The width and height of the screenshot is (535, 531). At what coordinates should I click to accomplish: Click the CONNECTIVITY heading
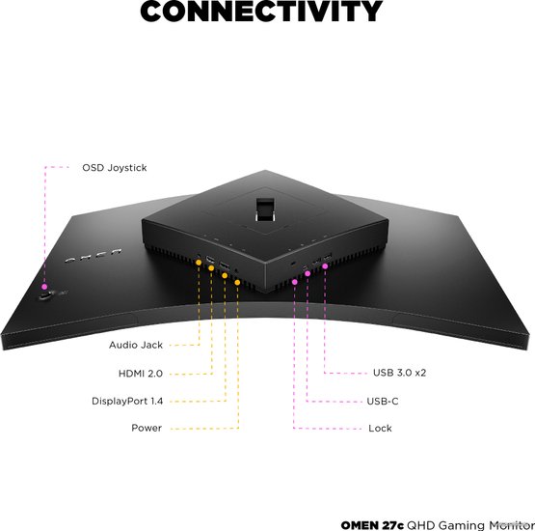pos(261,11)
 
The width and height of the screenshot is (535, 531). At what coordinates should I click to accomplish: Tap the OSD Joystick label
pos(115,168)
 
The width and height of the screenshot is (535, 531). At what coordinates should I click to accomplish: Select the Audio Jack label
pos(136,345)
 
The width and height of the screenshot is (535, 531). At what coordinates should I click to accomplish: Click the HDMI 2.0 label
pos(141,374)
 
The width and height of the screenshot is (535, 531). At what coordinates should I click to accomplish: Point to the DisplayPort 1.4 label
pos(127,401)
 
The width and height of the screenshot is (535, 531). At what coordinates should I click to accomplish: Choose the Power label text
pos(147,428)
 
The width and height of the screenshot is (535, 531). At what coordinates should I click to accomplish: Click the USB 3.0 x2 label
pos(399,373)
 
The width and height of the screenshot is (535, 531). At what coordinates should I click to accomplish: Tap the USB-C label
pos(383,402)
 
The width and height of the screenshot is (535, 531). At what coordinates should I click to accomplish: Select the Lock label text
pos(380,428)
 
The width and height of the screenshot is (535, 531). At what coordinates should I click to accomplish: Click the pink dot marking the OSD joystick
pos(44,287)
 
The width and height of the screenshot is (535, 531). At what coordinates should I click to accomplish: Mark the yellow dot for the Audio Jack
pos(199,262)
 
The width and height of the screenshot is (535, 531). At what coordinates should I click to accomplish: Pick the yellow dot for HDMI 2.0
pos(211,268)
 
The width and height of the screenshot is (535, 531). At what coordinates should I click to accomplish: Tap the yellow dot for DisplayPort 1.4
pos(225,275)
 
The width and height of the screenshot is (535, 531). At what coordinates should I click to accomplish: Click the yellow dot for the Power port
pos(237,282)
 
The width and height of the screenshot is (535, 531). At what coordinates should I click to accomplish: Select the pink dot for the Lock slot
pos(294,282)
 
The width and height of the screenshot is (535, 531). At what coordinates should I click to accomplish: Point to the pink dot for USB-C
pos(308,273)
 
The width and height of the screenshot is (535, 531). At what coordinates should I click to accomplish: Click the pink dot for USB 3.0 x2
pos(325,265)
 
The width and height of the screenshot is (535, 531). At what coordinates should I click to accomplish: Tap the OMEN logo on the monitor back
pos(94,256)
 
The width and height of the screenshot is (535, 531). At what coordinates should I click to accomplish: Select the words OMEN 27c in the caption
pos(372,525)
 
